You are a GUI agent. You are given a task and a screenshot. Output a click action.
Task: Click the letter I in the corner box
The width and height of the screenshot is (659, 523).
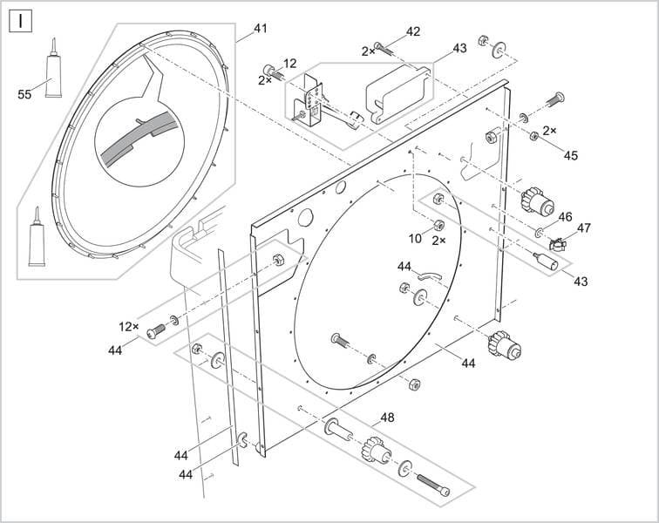[x=20, y=20]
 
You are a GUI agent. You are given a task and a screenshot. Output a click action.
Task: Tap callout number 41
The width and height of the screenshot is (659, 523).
[x=260, y=29]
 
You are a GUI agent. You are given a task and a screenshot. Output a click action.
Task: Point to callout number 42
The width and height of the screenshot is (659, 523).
[x=413, y=31]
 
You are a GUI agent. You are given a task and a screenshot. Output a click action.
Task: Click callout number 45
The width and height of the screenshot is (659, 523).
[x=570, y=156]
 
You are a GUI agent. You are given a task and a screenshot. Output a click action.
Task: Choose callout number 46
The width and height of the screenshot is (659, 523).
[x=565, y=216]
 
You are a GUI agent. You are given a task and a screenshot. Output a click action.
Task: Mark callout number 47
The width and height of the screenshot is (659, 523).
[x=583, y=228]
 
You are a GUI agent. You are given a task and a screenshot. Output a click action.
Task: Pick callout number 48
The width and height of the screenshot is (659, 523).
[x=387, y=418]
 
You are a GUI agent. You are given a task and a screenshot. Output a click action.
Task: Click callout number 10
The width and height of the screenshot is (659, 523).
[x=415, y=238]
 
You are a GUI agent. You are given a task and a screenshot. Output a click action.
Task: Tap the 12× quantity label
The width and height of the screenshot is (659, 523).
[x=128, y=326]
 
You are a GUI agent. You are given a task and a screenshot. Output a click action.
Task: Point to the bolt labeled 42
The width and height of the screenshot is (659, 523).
[x=384, y=48]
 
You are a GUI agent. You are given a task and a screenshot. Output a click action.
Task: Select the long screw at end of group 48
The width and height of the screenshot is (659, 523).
[x=432, y=485]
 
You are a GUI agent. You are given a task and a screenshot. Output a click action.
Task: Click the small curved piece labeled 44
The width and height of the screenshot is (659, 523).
[x=429, y=275]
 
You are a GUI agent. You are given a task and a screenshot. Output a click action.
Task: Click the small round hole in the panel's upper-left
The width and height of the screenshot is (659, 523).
[x=305, y=215]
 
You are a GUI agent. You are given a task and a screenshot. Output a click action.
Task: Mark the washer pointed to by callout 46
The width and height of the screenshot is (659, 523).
[x=540, y=233]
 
